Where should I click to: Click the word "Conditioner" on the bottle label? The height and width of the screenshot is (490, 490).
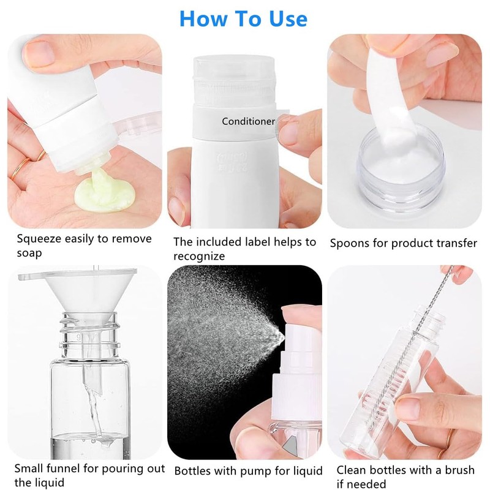(x=248, y=121)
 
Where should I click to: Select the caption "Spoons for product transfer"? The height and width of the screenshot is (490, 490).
(x=403, y=243)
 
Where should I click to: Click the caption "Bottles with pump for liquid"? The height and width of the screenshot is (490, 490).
(x=248, y=471)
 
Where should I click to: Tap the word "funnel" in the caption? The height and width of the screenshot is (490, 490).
(x=68, y=469)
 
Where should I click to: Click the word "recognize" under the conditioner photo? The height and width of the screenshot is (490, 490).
(x=198, y=256)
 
